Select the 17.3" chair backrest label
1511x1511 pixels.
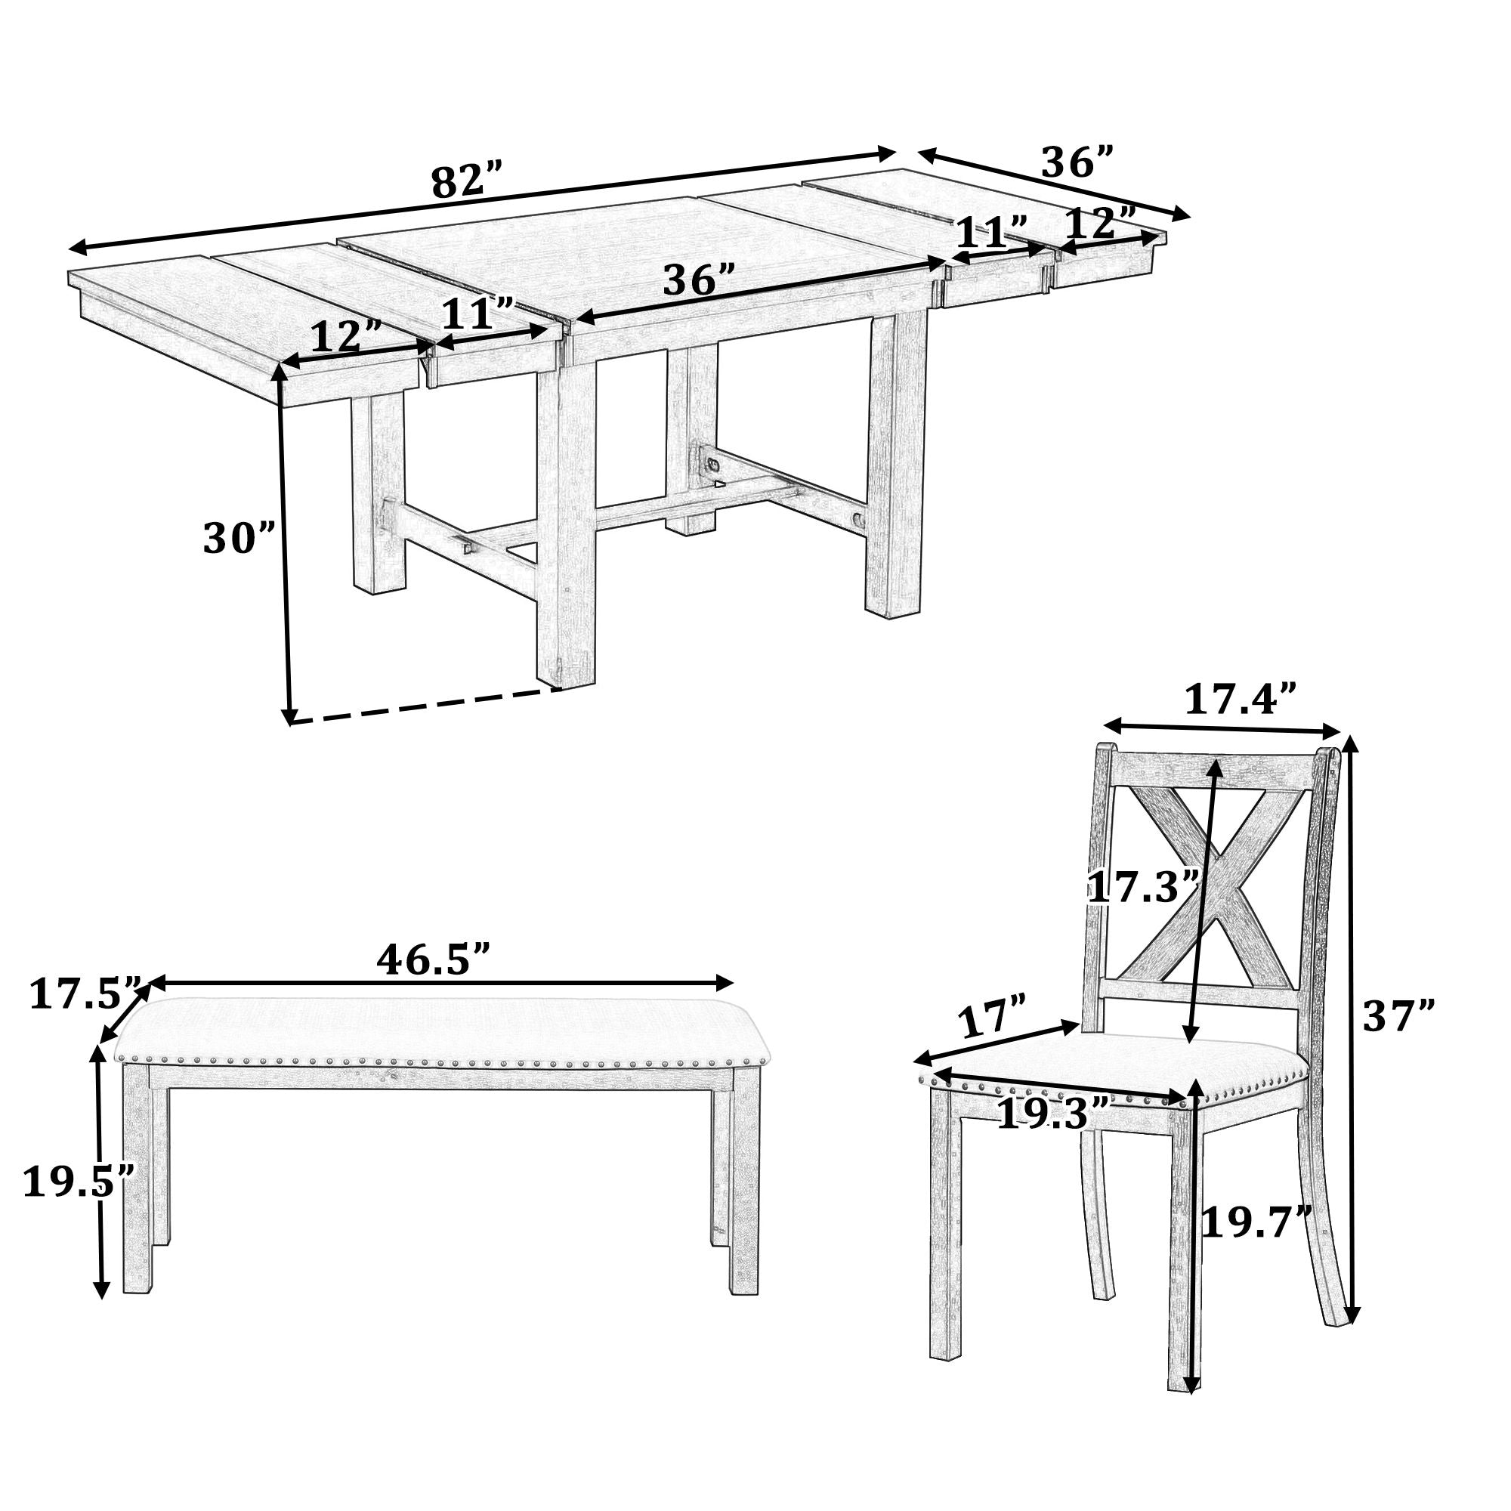1143,888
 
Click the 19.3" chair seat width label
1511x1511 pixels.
1052,1114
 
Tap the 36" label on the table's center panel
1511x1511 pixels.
698,281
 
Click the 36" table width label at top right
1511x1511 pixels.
1076,162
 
